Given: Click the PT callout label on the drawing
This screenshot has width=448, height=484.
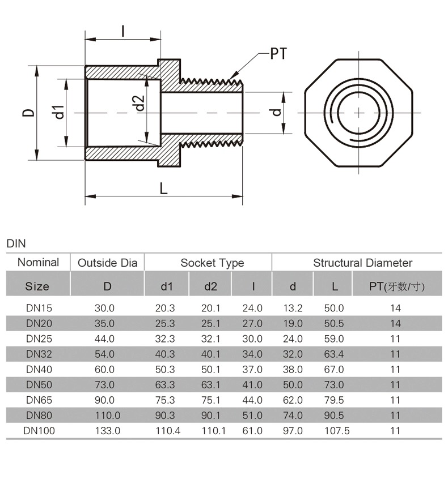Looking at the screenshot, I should click(x=278, y=54).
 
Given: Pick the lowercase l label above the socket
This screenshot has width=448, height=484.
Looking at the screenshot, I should click(x=123, y=30).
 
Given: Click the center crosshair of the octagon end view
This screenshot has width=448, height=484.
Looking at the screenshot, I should click(x=359, y=112).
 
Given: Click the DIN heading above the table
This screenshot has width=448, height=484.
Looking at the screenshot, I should click(x=16, y=244).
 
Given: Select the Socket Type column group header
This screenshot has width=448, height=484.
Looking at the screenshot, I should click(x=212, y=263).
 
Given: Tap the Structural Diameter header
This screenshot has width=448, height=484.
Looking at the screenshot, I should click(x=362, y=263).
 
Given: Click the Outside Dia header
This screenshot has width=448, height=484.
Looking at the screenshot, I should click(x=107, y=263).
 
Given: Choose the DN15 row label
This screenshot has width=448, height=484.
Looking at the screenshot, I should click(x=39, y=309).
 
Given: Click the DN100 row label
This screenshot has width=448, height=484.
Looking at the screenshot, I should click(x=39, y=431).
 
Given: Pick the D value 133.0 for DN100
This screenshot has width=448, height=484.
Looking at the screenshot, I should click(x=107, y=431).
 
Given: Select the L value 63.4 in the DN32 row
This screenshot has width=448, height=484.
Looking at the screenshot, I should click(x=334, y=354).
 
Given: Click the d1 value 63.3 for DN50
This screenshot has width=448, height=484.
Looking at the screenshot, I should click(x=166, y=385).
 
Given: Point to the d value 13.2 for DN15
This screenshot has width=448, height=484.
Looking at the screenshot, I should click(x=293, y=309).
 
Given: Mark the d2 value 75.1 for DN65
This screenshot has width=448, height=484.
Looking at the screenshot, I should click(x=211, y=400).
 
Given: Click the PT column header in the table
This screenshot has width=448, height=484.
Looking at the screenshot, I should click(x=396, y=286).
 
